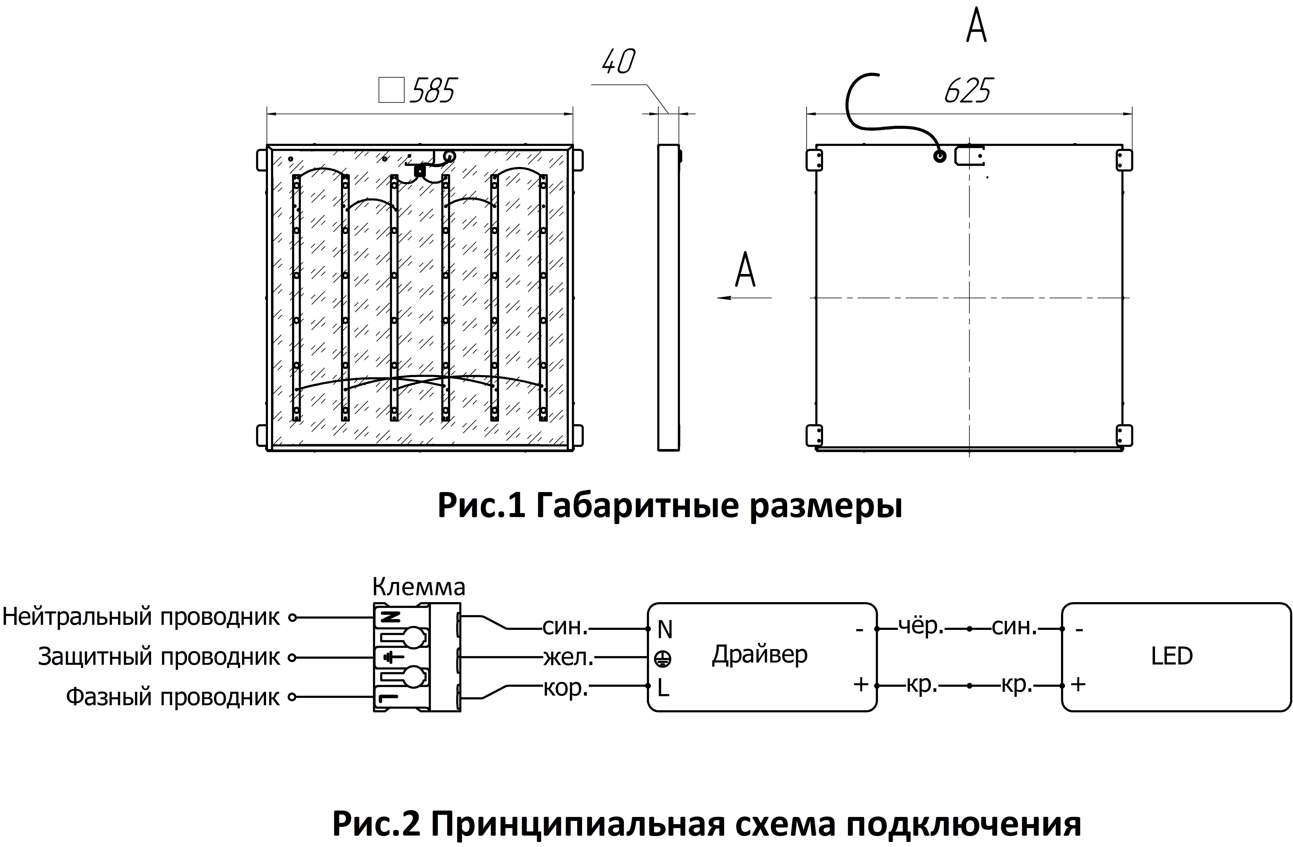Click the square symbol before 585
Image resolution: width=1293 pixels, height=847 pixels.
pyautogui.click(x=391, y=90)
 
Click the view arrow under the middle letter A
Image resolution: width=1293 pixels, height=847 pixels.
pyautogui.click(x=744, y=298)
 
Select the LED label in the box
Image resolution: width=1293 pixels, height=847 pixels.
pyautogui.click(x=1171, y=656)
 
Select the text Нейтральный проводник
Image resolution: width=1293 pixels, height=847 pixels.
pyautogui.click(x=141, y=617)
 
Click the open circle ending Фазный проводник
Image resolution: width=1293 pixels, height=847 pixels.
pyautogui.click(x=292, y=697)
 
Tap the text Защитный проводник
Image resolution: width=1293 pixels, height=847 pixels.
pyautogui.click(x=159, y=657)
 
